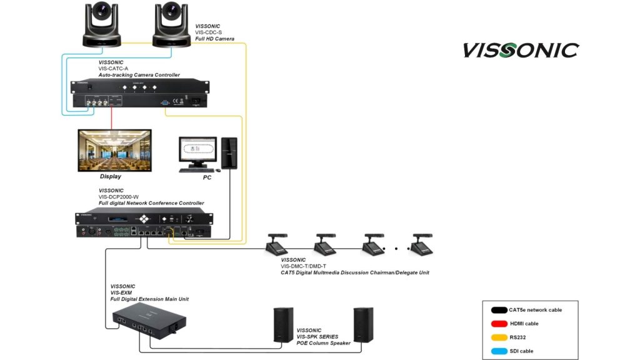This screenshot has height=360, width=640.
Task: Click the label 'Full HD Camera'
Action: click(x=214, y=39)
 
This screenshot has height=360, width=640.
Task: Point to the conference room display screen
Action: click(x=114, y=151)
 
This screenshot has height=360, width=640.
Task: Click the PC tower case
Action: click(x=229, y=153)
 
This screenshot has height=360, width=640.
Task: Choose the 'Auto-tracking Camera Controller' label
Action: click(x=139, y=75)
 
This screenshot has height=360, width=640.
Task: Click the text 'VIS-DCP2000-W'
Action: click(x=119, y=197)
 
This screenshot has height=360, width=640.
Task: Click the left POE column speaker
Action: click(x=284, y=324)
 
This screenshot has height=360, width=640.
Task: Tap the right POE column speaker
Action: click(x=362, y=324)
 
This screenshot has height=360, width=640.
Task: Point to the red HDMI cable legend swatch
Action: click(x=499, y=323)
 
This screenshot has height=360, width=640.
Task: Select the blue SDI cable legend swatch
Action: click(x=499, y=351)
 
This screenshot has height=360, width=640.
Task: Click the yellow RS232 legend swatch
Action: click(x=499, y=337)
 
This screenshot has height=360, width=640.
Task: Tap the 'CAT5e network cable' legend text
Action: click(x=535, y=309)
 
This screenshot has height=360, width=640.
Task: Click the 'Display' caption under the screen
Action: click(x=111, y=177)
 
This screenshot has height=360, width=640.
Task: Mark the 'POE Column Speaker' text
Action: click(x=324, y=342)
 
